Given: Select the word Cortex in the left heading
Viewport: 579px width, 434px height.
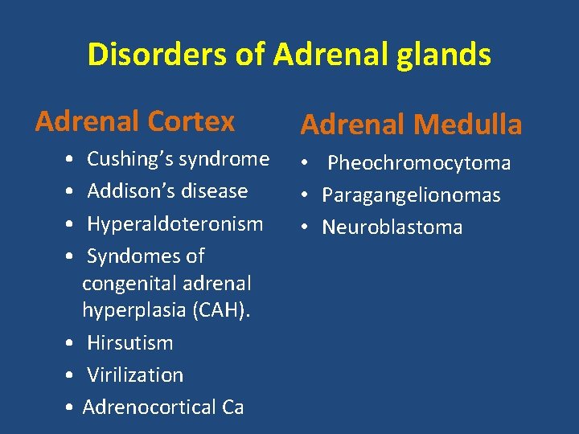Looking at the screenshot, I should point(199,121).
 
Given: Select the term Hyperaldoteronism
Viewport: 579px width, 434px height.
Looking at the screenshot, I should point(175,223).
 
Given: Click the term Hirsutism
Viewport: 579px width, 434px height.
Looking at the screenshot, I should point(129,342).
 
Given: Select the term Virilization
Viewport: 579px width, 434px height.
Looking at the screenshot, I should point(134,375).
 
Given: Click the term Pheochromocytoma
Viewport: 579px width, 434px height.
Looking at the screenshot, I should point(419,163).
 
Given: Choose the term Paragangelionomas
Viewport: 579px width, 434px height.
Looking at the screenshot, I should point(411,195).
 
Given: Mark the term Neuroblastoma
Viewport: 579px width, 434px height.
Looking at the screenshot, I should point(392,227).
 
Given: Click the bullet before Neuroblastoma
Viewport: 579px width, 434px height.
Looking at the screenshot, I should point(308,227).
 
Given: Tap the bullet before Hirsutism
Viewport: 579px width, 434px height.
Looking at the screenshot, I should point(72,342).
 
